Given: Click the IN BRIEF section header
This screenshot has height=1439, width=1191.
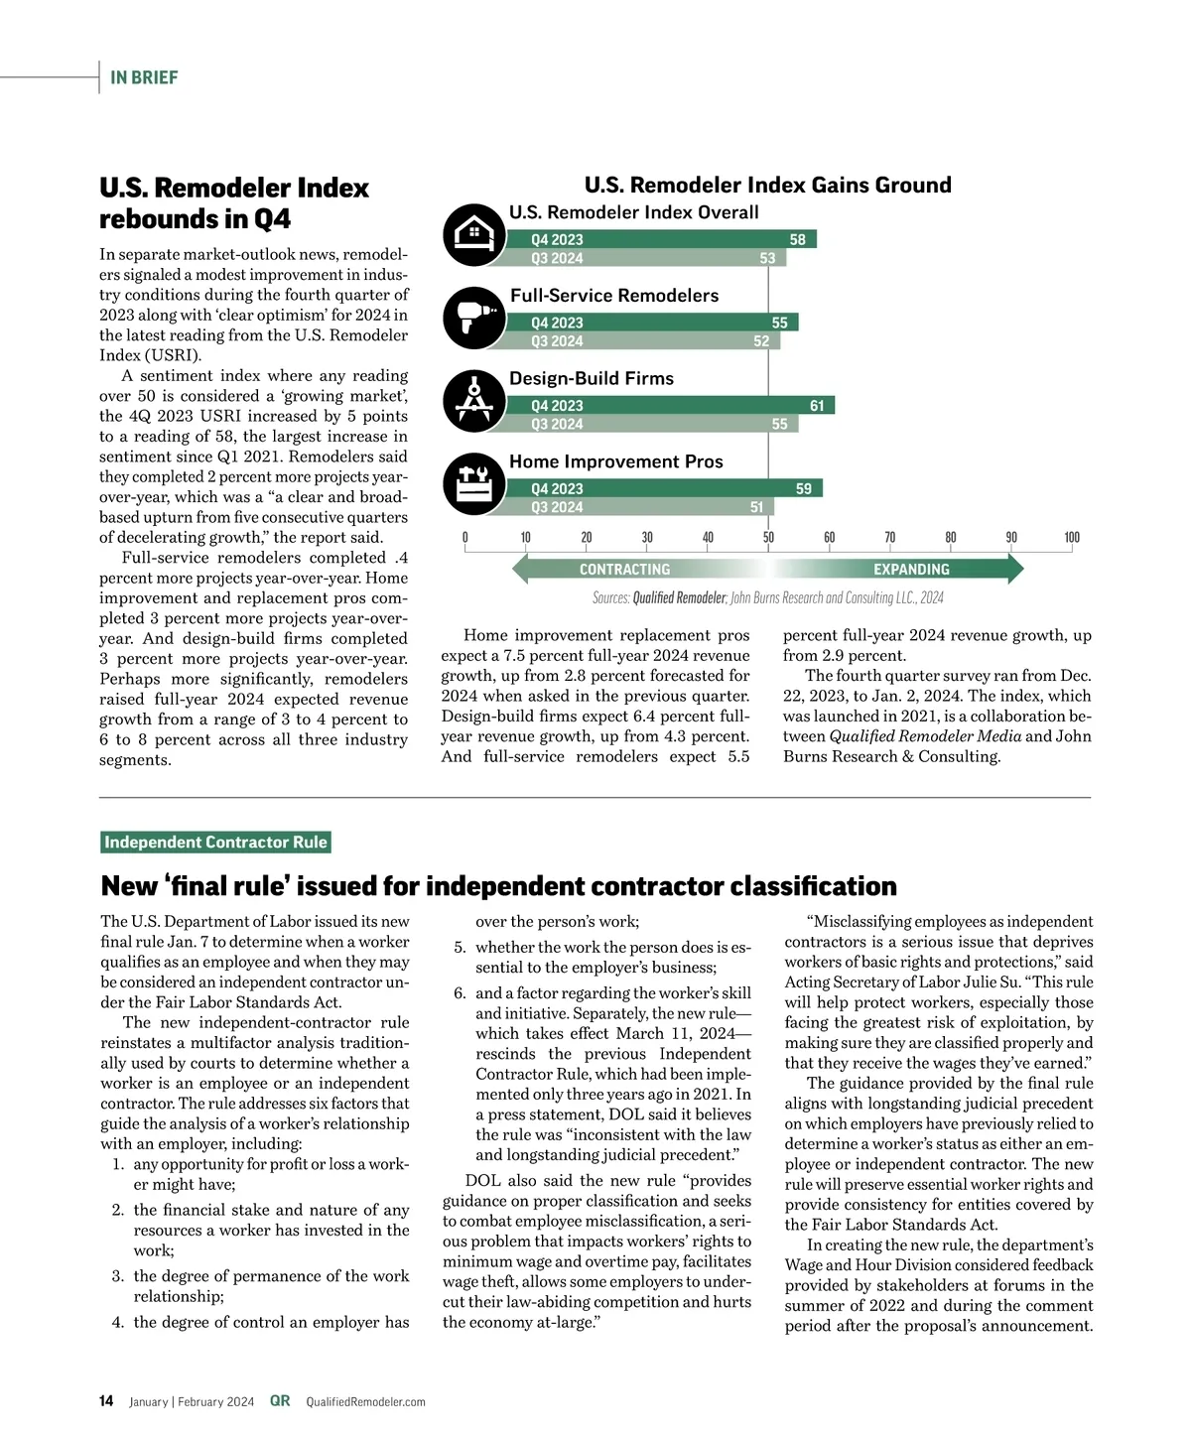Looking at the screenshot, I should (144, 77).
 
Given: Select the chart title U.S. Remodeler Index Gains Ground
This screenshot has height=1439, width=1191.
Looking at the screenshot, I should (767, 186).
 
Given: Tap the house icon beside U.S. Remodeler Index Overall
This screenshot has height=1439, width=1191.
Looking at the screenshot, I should (474, 235).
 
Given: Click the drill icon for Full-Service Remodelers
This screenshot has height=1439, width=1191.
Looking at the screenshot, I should (474, 319).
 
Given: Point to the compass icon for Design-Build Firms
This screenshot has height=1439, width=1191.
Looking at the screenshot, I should (474, 401).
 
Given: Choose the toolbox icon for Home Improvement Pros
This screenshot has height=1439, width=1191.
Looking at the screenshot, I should (474, 484).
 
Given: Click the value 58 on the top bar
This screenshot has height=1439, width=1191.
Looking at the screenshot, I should (798, 239).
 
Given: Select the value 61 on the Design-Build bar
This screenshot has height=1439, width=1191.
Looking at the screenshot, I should (817, 405).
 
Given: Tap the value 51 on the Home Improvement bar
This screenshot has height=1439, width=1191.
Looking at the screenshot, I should (756, 507).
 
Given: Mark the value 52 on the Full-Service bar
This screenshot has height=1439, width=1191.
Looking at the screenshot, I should (761, 341).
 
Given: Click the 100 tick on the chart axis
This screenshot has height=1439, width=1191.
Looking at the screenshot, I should (1072, 538).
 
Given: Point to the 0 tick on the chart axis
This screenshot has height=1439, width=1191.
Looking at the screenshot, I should (464, 538).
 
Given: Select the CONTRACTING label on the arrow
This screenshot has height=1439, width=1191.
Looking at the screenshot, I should (624, 570).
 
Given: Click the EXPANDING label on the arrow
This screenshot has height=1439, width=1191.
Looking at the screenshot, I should (911, 570).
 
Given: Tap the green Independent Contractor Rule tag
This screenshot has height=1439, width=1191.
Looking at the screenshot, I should (215, 843).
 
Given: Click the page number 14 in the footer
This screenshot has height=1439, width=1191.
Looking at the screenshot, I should (106, 1401).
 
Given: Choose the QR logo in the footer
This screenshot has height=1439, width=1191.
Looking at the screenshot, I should (280, 1401).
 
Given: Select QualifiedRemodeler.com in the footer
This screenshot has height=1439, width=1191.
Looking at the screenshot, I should (365, 1402).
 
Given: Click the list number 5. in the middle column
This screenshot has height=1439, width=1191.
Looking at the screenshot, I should (460, 948).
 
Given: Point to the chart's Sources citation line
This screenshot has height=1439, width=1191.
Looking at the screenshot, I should (767, 597).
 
